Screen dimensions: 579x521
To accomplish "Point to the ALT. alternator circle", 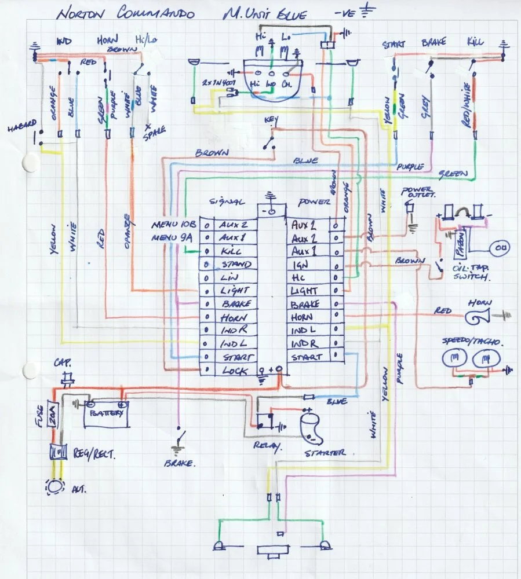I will pyautogui.click(x=56, y=486).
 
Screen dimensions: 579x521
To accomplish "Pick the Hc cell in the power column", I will pyautogui.click(x=300, y=277).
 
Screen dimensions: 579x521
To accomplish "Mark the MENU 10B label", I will pyautogui.click(x=174, y=223).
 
